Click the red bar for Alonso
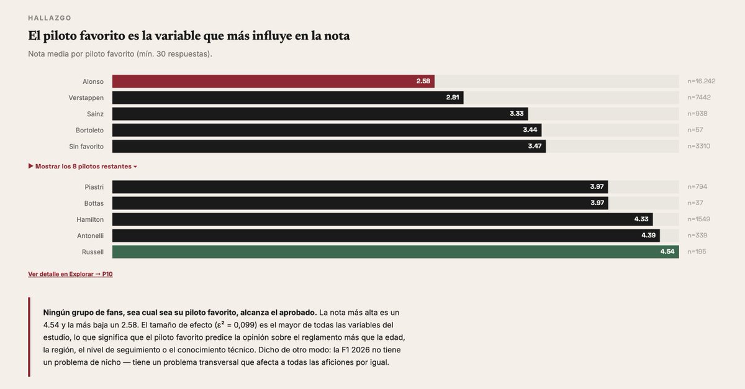[x=273, y=81]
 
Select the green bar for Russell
[x=395, y=252]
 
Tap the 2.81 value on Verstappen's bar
[x=452, y=98]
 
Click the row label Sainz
[x=95, y=114]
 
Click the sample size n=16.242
[x=701, y=81]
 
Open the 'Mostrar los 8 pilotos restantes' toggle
[x=83, y=167]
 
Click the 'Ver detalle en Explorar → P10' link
[x=70, y=274]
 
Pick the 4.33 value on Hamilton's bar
[x=641, y=219]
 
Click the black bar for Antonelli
[x=385, y=236]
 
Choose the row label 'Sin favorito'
[x=86, y=146]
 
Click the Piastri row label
[x=94, y=187]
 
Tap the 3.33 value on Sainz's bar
[x=517, y=114]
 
